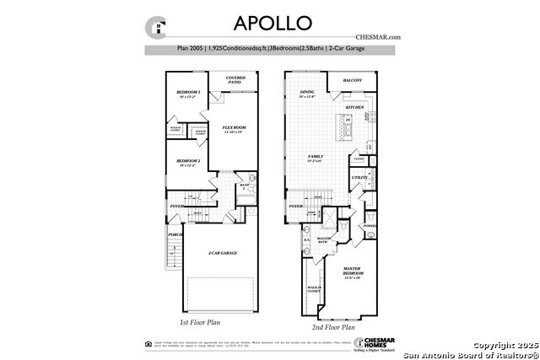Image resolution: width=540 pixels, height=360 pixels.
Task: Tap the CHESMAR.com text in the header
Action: [376, 36]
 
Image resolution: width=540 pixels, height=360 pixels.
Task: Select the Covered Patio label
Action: [235, 80]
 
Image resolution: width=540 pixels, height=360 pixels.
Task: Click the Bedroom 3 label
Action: [188, 92]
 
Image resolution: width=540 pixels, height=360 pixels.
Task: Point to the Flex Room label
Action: [233, 129]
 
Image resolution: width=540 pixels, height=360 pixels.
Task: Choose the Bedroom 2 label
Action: [188, 161]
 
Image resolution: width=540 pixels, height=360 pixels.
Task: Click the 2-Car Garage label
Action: [221, 253]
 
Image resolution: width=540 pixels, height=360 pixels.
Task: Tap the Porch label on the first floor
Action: [175, 234]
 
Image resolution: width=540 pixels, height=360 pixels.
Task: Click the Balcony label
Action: [353, 81]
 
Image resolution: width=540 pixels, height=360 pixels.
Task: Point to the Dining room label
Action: [307, 93]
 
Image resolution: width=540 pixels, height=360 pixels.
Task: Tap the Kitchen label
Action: [354, 108]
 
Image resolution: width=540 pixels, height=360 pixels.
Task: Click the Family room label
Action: [316, 158]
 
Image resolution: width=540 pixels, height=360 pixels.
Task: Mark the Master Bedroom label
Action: [352, 272]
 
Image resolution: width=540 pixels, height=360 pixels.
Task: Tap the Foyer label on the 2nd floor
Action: [295, 205]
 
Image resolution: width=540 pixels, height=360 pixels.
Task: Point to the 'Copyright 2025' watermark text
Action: [502, 345]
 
